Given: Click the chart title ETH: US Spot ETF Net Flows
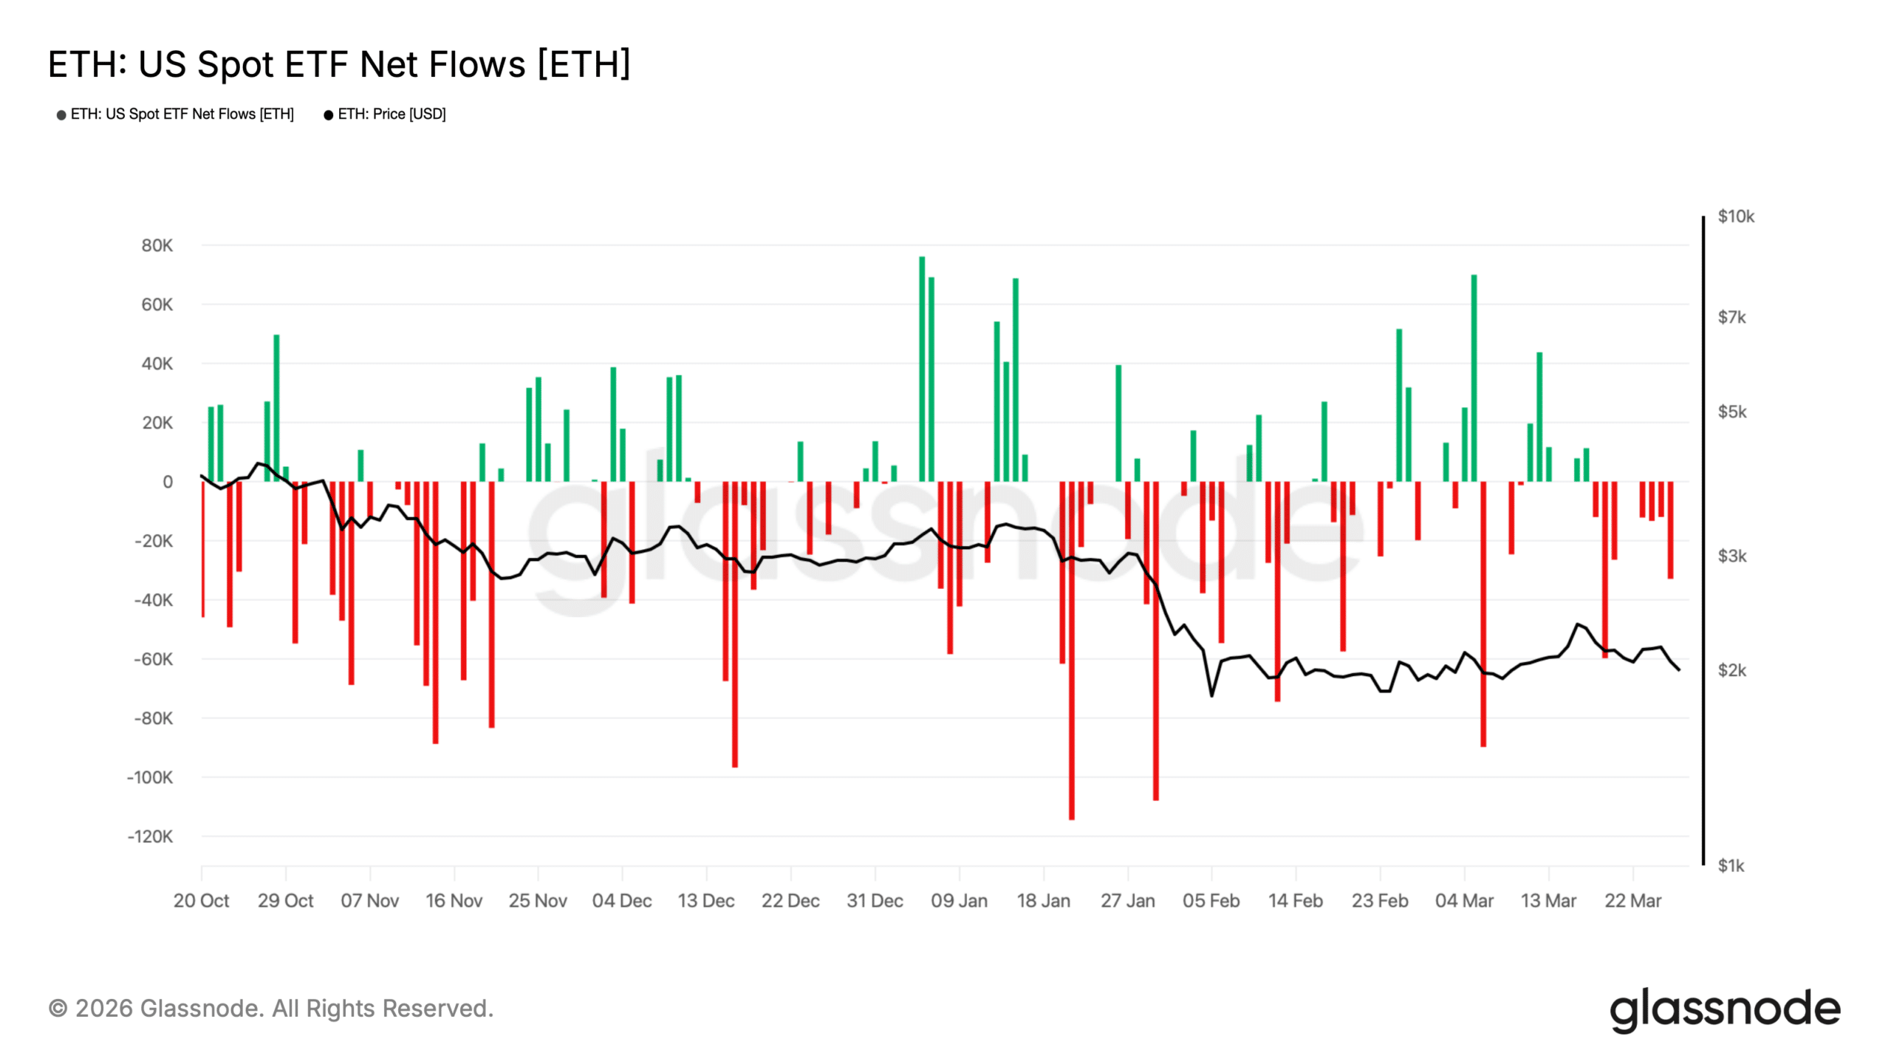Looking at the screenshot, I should (x=339, y=64).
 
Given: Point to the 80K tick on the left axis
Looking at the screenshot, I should (x=157, y=245).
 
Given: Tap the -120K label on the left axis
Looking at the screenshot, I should (x=150, y=836).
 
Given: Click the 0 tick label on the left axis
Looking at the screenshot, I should (x=168, y=482).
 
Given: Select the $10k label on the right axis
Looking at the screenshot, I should (x=1735, y=216).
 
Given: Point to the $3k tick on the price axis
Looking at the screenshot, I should (x=1731, y=556).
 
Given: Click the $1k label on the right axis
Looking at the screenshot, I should (x=1731, y=865).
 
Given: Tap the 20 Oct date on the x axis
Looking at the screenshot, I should (x=201, y=901).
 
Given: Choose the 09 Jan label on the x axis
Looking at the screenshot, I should (x=959, y=901).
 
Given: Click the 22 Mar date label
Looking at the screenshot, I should (x=1632, y=901).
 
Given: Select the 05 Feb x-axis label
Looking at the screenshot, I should (x=1211, y=901).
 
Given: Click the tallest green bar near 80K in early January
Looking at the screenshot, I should (x=922, y=369).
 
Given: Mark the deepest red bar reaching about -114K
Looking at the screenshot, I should (x=1071, y=650).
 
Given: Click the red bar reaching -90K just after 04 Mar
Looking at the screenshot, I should (x=1483, y=613).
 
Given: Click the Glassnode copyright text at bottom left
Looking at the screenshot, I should (x=270, y=1009).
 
